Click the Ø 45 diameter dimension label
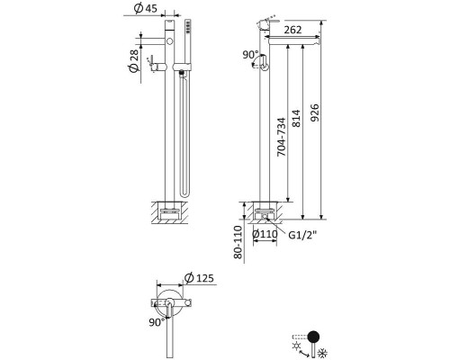(x=146, y=8)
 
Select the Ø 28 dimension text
(x=134, y=61)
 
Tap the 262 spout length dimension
(x=292, y=30)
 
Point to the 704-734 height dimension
(x=281, y=137)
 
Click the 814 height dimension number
(x=296, y=118)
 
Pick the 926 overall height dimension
(x=314, y=112)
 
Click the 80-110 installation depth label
(x=238, y=242)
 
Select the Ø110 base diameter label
(x=265, y=234)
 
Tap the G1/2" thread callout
(x=302, y=235)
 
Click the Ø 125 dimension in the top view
(x=199, y=278)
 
